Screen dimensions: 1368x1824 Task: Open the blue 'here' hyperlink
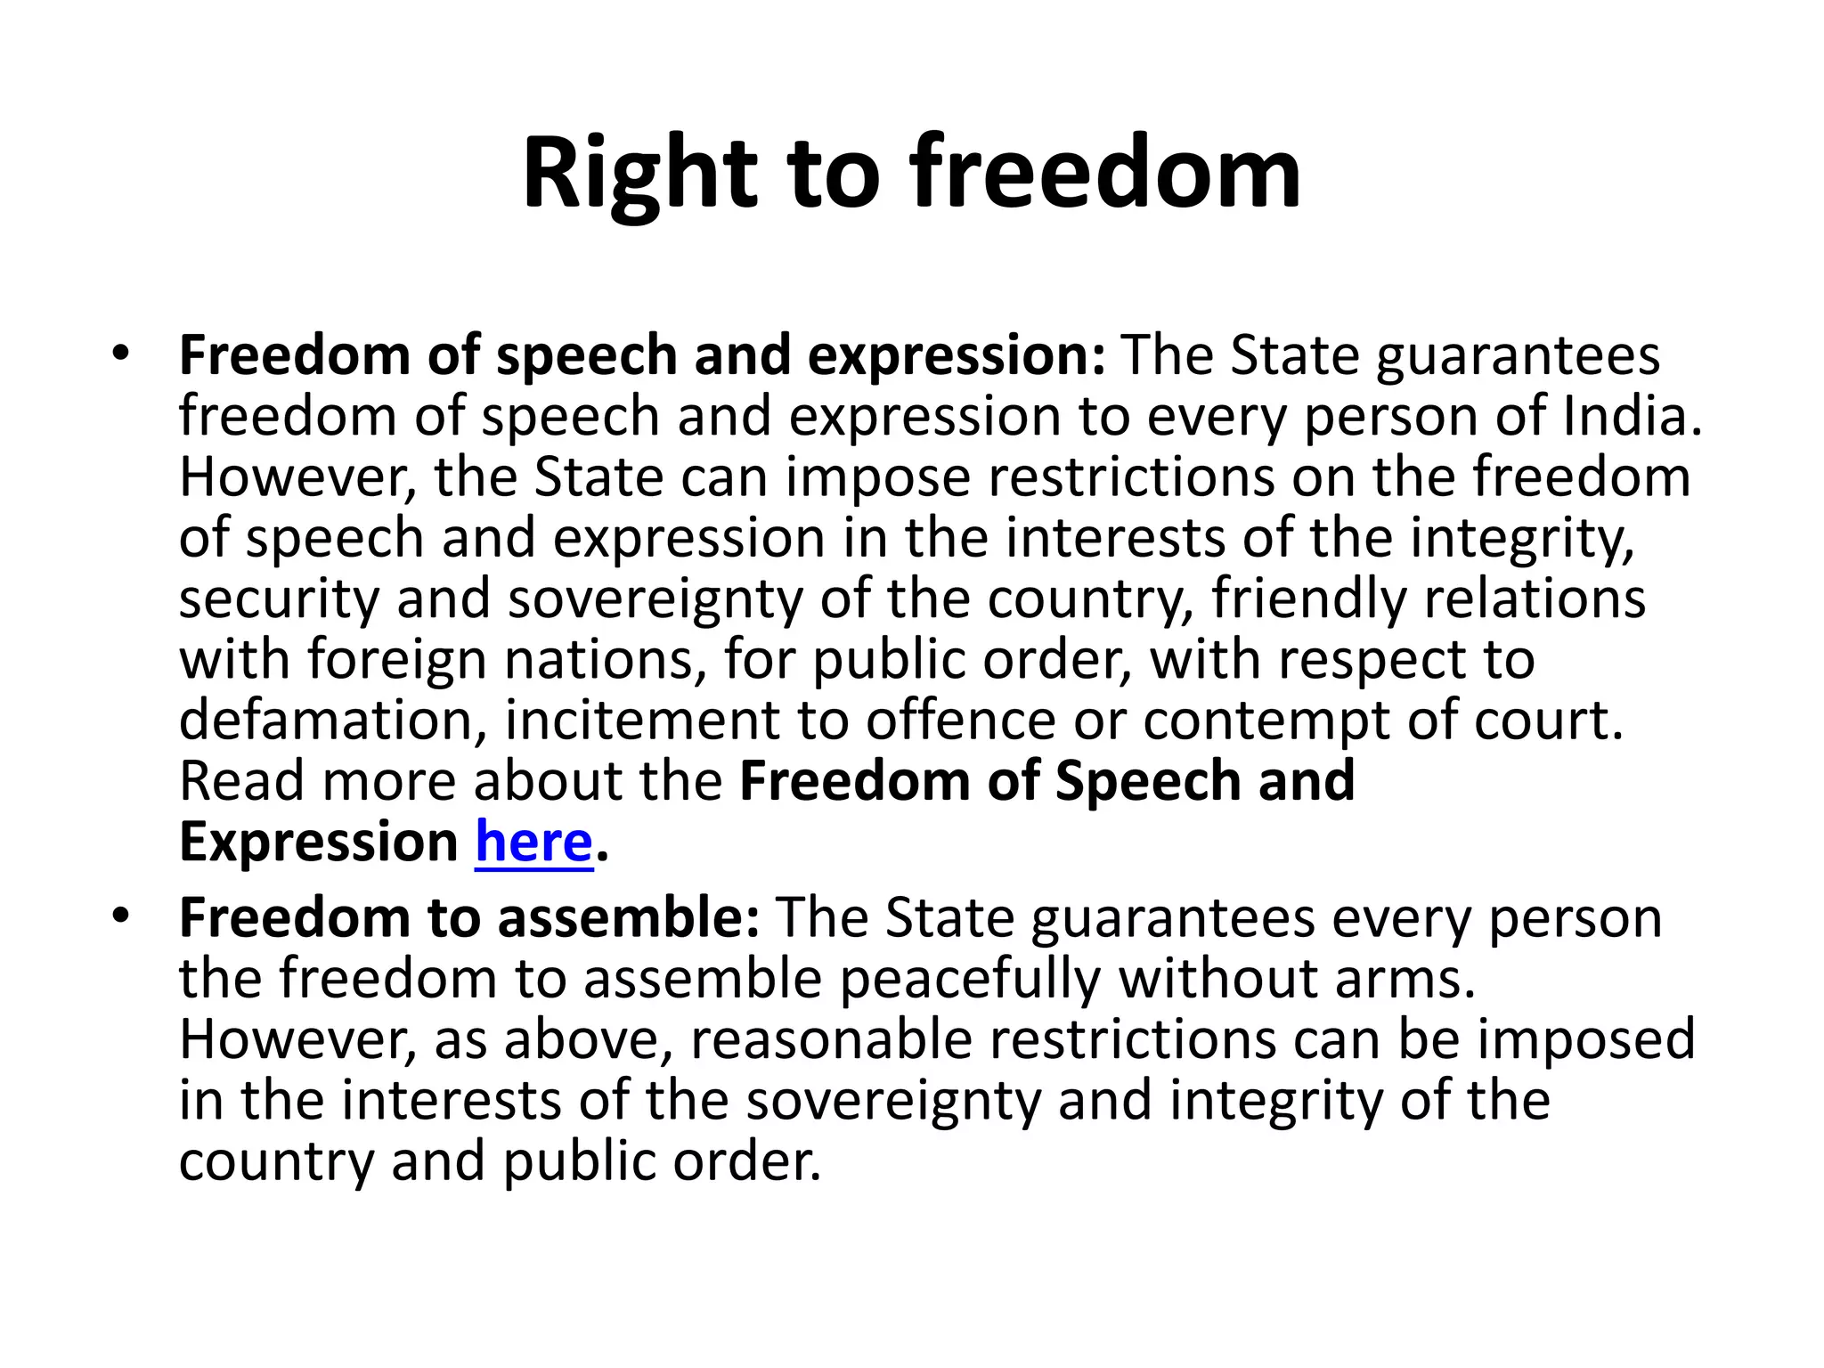click(533, 842)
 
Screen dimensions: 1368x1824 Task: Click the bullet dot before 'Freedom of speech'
click(121, 354)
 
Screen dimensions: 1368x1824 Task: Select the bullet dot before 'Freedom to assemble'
click(121, 916)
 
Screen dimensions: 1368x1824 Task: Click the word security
click(279, 598)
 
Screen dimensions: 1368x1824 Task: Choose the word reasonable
click(831, 1039)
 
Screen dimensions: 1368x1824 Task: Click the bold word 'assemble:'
click(628, 918)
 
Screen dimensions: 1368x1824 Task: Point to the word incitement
click(642, 720)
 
